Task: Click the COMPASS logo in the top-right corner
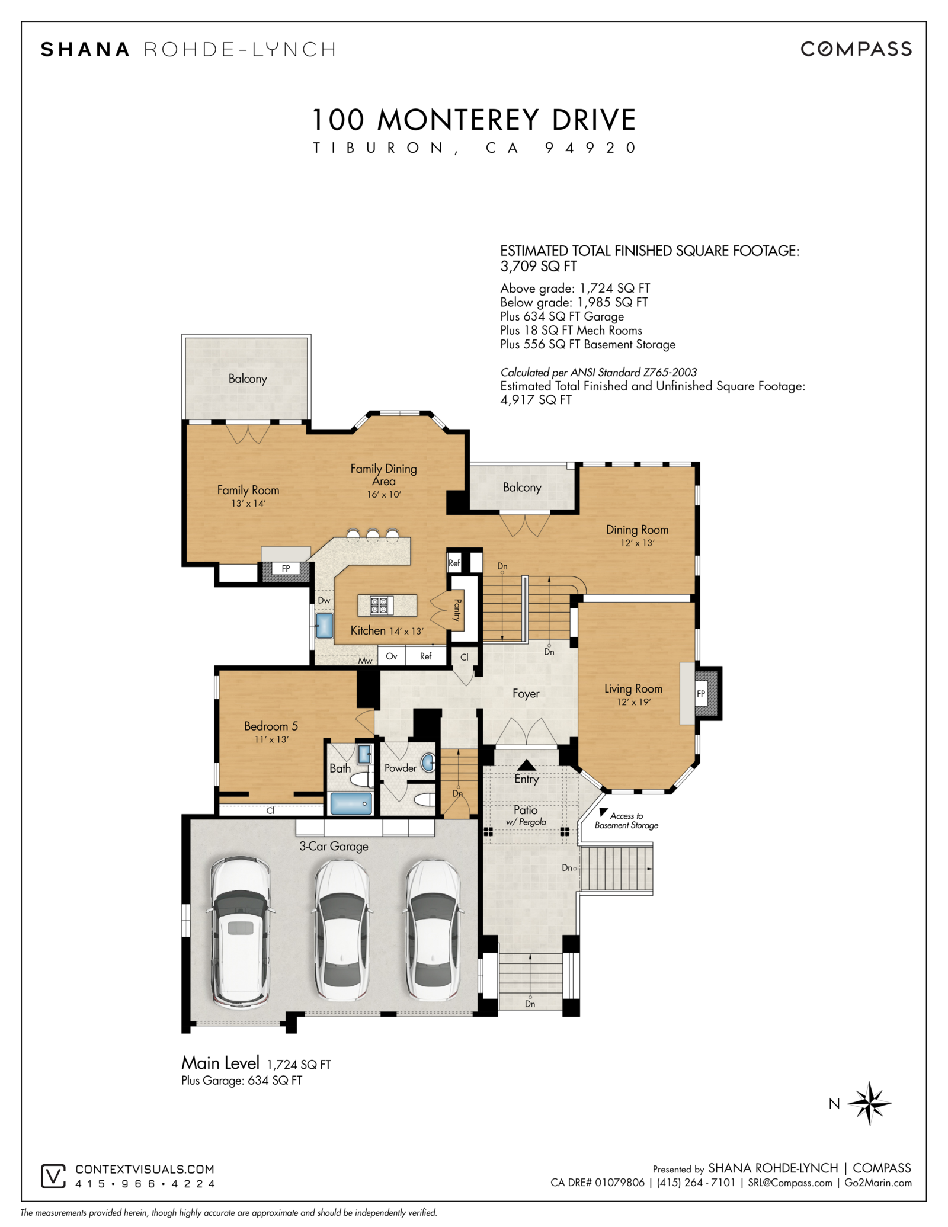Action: pyautogui.click(x=856, y=49)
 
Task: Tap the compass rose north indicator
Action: pyautogui.click(x=869, y=1103)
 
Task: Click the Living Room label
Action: pyautogui.click(x=633, y=688)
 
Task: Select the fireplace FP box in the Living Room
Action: pyautogui.click(x=702, y=694)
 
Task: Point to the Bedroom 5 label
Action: pyautogui.click(x=271, y=726)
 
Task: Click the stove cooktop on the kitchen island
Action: pyautogui.click(x=378, y=606)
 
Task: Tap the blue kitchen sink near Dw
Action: pyautogui.click(x=324, y=625)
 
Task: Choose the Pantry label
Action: pyautogui.click(x=457, y=610)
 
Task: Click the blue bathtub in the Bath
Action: pyautogui.click(x=351, y=804)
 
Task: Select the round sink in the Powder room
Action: pyautogui.click(x=428, y=763)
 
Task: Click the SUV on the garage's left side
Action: pyautogui.click(x=240, y=933)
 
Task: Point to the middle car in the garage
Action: pyautogui.click(x=342, y=930)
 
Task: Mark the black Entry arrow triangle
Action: pyautogui.click(x=526, y=765)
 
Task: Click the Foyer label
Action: pyautogui.click(x=526, y=694)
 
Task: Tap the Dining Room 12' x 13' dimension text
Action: pyautogui.click(x=638, y=543)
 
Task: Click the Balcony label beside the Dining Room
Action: pyautogui.click(x=522, y=488)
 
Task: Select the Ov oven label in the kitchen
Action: pyautogui.click(x=392, y=656)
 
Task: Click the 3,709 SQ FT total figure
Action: pyautogui.click(x=539, y=267)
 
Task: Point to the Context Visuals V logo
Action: pyautogui.click(x=53, y=1176)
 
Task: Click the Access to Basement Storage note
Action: pyautogui.click(x=626, y=821)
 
